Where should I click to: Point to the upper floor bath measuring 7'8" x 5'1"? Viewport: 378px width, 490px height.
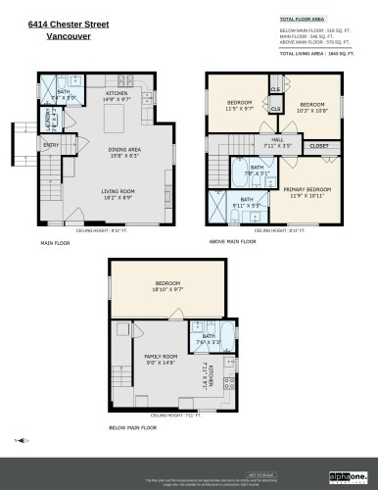[257, 170]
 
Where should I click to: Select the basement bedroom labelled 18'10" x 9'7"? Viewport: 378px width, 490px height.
[168, 287]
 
